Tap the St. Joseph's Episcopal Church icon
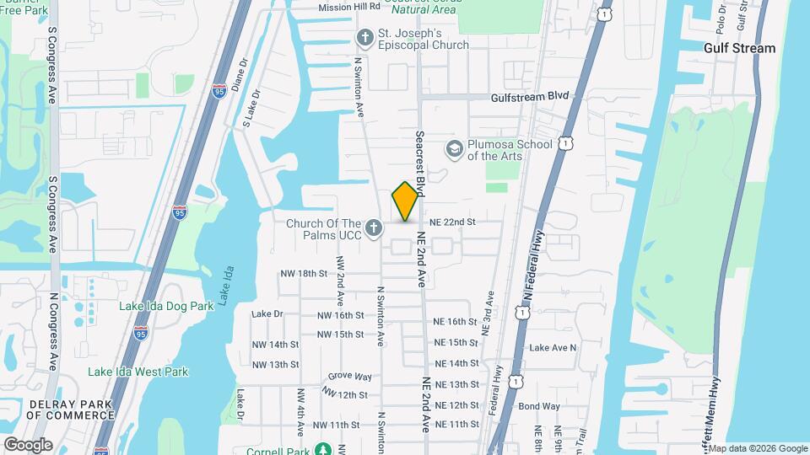click(364, 38)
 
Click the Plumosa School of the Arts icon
click(454, 149)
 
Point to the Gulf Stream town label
click(740, 48)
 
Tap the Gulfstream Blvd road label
click(531, 97)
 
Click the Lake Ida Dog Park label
click(166, 307)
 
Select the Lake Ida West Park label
click(138, 372)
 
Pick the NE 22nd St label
click(453, 222)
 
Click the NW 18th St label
click(303, 274)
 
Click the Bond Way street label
click(539, 406)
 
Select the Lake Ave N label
click(553, 347)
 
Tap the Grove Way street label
click(350, 377)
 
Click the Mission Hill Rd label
click(349, 8)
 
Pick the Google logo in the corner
click(28, 445)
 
